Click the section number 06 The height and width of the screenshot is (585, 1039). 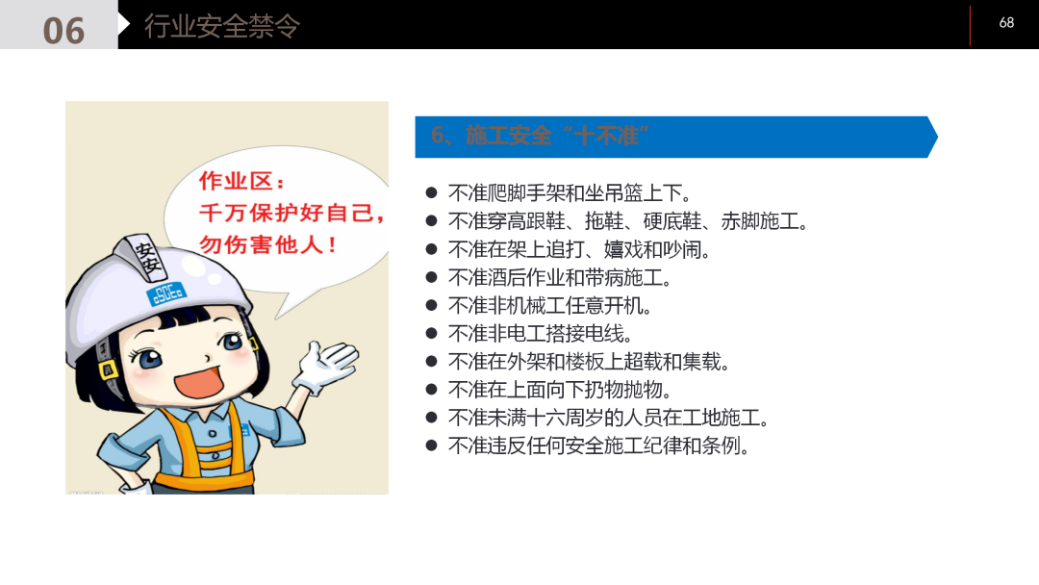click(x=63, y=31)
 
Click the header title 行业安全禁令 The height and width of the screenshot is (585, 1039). click(x=222, y=26)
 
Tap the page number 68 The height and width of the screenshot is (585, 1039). click(x=1006, y=22)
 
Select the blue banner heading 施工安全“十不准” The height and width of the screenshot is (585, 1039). click(x=539, y=136)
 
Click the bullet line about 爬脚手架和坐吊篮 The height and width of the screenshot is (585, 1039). click(x=570, y=193)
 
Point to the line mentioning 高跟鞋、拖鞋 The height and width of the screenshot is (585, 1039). click(x=628, y=221)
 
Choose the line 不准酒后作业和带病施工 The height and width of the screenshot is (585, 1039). click(x=560, y=278)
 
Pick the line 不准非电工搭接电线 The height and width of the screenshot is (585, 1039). click(x=541, y=334)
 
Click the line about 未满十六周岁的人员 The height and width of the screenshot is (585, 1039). click(x=609, y=418)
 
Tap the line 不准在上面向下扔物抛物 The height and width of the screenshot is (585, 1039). click(x=560, y=390)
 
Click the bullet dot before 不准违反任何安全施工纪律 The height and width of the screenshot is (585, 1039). click(x=432, y=445)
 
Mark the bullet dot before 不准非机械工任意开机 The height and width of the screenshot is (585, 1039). click(x=432, y=306)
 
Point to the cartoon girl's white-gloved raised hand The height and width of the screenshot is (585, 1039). click(x=324, y=365)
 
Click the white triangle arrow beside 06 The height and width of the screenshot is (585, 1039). click(x=124, y=24)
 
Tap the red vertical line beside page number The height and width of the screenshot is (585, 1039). click(x=970, y=25)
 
